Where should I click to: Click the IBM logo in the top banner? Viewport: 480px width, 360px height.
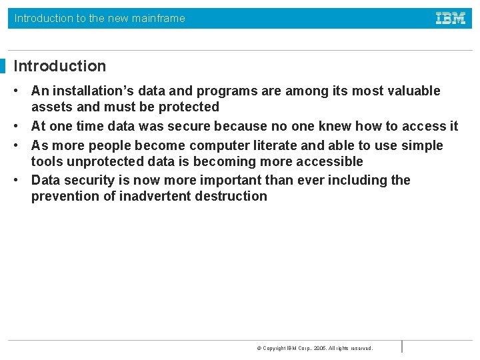point(451,19)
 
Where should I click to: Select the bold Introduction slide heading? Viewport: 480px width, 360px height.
point(60,66)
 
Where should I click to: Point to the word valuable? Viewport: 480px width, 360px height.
point(413,91)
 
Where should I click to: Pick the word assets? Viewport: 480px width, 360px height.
point(52,107)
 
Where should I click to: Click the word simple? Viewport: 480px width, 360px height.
point(422,145)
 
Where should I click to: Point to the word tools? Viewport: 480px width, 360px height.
point(47,161)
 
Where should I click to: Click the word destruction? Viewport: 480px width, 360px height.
point(231,196)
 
